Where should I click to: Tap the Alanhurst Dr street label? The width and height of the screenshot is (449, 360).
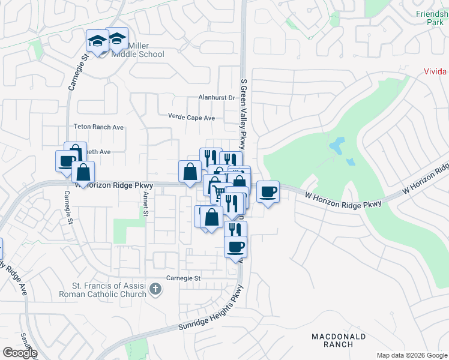pyautogui.click(x=217, y=98)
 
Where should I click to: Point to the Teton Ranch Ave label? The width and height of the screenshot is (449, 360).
pyautogui.click(x=98, y=127)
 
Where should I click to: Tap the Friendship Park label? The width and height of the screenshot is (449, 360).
pyautogui.click(x=432, y=17)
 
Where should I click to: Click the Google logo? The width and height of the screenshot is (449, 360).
pyautogui.click(x=20, y=353)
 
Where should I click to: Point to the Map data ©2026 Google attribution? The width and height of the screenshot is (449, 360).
pyautogui.click(x=412, y=355)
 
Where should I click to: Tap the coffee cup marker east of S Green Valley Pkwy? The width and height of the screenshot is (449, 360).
pyautogui.click(x=268, y=192)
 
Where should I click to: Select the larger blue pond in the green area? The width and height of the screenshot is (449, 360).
pyautogui.click(x=337, y=145)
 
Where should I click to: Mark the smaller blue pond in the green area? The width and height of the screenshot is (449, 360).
pyautogui.click(x=351, y=161)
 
